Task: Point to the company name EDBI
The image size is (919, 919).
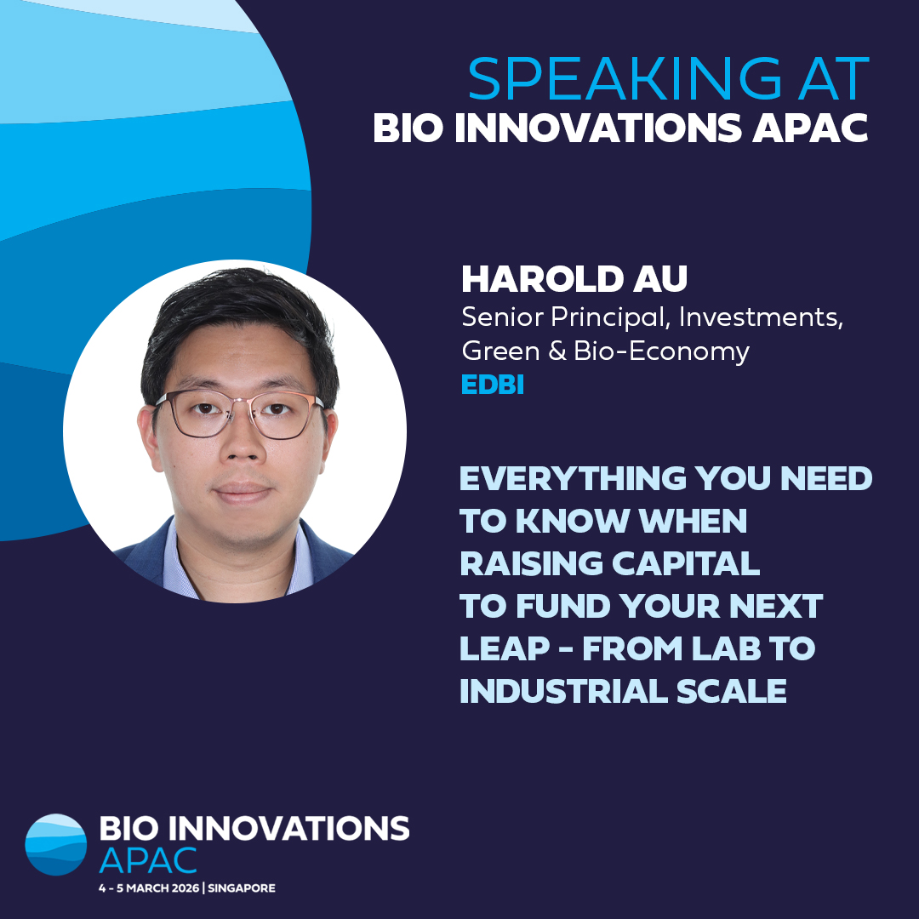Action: [492, 385]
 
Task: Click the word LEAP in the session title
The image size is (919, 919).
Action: [493, 649]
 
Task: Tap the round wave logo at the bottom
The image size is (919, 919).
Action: [56, 845]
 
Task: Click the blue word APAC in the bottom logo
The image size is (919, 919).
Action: [148, 859]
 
